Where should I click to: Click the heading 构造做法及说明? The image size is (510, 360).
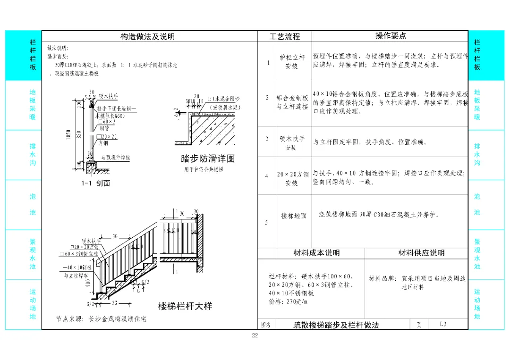point(147,36)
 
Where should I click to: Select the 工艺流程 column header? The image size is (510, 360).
point(284,36)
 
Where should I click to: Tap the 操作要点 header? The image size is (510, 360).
point(391,36)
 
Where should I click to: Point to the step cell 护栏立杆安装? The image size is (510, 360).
point(292,62)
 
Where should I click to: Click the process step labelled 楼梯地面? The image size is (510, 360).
point(294,216)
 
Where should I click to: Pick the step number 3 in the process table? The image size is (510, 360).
point(267,139)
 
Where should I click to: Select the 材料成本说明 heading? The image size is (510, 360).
point(316,253)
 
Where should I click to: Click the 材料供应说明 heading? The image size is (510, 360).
point(421,253)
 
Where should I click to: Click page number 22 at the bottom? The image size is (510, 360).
point(255,335)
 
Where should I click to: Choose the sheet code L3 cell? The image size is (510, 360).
point(443,324)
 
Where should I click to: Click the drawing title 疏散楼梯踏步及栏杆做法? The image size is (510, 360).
point(334,325)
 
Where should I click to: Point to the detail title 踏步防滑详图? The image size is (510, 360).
point(208,159)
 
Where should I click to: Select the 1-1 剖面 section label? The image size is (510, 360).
point(96,183)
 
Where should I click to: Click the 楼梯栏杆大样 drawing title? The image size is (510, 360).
point(185,306)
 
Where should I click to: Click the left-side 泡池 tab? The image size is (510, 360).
point(32,204)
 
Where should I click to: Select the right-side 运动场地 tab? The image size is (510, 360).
point(477,304)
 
